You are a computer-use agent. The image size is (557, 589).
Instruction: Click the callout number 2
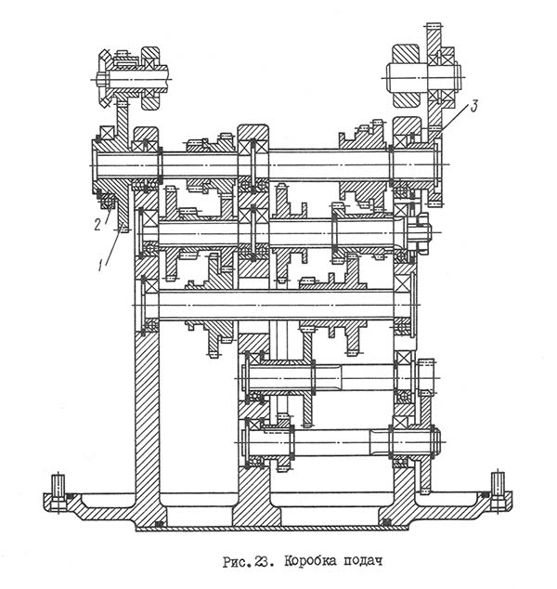tap(96, 223)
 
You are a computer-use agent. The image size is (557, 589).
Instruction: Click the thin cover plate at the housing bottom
tap(278, 528)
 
